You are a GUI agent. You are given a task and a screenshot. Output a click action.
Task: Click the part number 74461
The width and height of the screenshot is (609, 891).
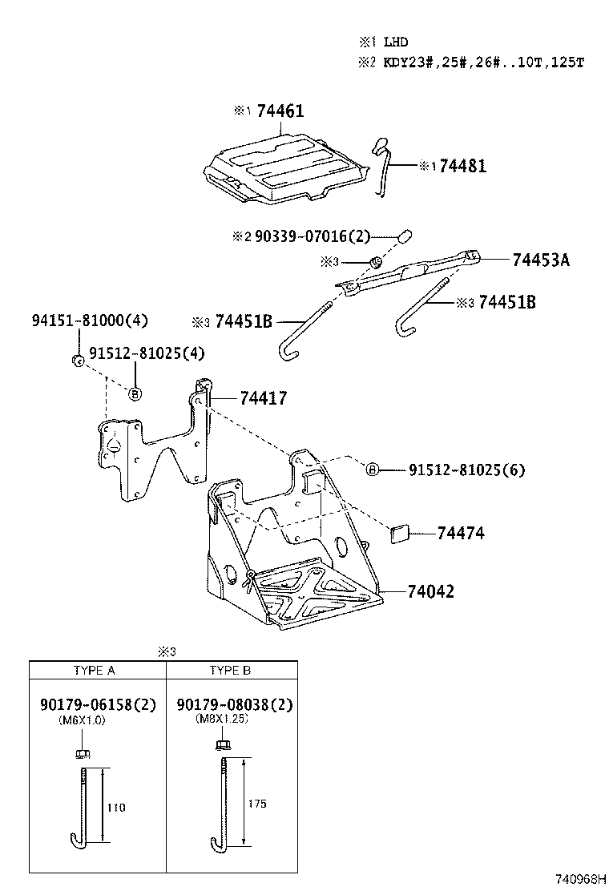point(280,111)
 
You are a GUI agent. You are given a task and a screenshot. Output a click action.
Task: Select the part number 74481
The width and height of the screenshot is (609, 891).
point(463,166)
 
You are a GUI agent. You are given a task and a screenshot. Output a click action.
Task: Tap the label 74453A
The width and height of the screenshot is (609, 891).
point(541,260)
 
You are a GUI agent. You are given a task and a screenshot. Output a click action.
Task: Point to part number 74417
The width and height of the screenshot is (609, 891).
point(263,398)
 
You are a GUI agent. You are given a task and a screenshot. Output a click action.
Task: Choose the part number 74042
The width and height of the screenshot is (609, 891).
point(430,591)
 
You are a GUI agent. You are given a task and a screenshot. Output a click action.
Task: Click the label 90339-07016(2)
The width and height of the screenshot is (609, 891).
point(313,236)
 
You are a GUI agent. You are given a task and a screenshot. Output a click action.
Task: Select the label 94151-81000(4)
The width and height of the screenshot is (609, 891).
point(90,321)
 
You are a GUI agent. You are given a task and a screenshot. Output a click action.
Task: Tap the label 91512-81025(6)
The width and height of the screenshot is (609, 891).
point(466,470)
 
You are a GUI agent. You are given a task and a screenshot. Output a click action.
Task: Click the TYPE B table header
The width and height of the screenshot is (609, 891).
point(231,670)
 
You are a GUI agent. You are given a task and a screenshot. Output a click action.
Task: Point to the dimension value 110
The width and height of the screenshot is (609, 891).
point(117,807)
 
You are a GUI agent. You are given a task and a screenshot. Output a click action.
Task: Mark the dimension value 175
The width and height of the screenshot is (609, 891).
point(257,803)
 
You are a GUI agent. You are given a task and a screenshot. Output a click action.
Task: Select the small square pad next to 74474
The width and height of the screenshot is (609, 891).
point(399,534)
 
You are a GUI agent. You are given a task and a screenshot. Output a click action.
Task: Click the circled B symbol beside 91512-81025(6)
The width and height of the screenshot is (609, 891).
point(373,470)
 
